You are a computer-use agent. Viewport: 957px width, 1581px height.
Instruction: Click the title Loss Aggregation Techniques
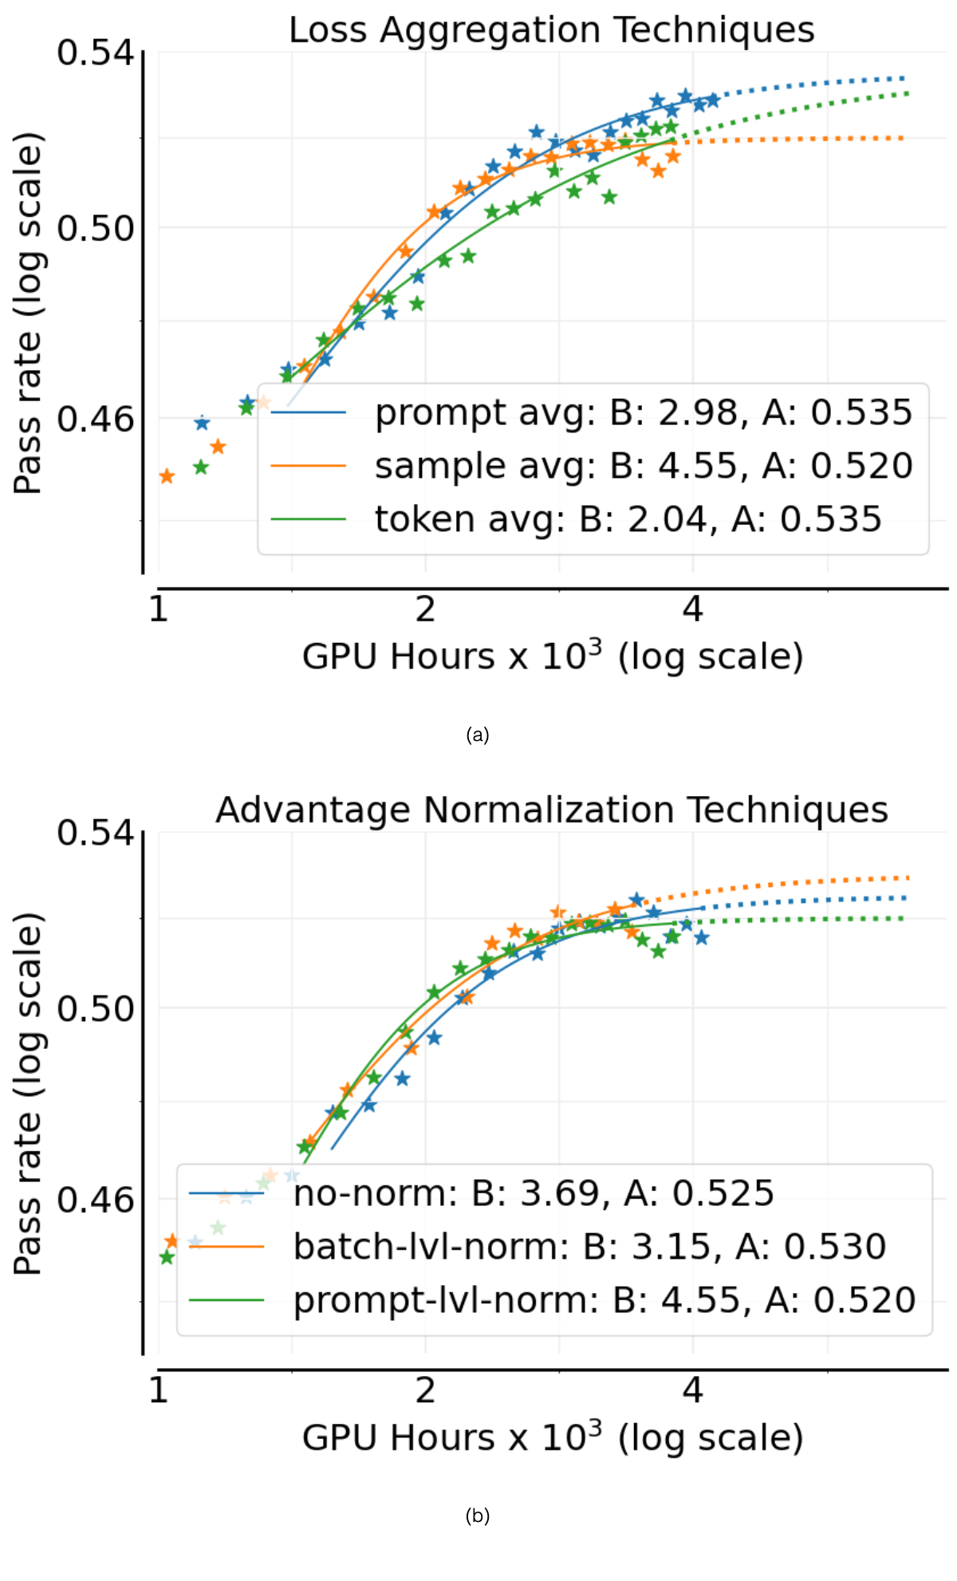[551, 30]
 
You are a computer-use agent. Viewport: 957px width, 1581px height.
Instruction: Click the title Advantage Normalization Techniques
[552, 810]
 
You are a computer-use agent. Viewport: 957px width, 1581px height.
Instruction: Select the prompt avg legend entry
[591, 412]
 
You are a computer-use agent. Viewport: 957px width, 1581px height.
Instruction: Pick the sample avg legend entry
[591, 466]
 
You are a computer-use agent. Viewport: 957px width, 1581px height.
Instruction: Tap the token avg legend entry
[576, 519]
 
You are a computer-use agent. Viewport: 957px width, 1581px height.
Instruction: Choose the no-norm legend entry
[482, 1193]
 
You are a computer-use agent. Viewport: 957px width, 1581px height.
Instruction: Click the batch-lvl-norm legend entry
[538, 1247]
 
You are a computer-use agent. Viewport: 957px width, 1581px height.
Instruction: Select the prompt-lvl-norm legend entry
[552, 1300]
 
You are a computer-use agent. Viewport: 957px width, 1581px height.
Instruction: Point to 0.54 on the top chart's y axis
[95, 53]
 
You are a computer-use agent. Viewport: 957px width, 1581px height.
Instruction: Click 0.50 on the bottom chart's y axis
[95, 1007]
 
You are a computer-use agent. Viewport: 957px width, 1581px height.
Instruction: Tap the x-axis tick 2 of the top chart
[425, 609]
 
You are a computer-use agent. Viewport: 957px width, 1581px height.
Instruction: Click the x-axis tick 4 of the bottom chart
[692, 1390]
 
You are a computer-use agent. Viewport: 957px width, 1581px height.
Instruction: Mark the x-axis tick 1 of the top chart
[159, 609]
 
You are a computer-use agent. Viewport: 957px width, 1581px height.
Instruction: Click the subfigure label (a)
[478, 735]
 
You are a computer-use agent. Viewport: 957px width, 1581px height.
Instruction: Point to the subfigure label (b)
[478, 1515]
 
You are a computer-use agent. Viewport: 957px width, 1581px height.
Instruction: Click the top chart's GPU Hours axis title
[552, 656]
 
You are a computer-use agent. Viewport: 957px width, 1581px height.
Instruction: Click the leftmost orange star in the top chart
[167, 476]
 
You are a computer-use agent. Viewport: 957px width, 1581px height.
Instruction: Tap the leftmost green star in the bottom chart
[166, 1257]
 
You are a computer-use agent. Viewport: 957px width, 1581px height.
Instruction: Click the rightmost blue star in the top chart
[713, 100]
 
